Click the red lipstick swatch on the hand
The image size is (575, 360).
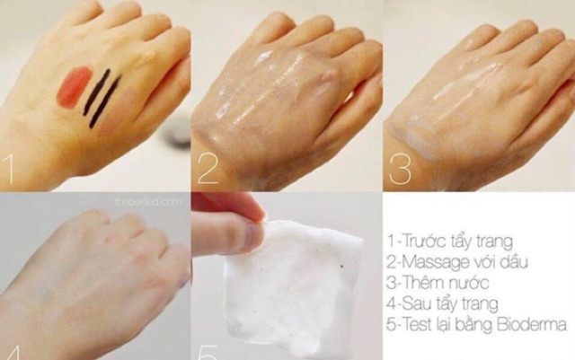(74, 87)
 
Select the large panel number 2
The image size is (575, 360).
(208, 168)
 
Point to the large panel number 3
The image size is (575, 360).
(401, 168)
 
